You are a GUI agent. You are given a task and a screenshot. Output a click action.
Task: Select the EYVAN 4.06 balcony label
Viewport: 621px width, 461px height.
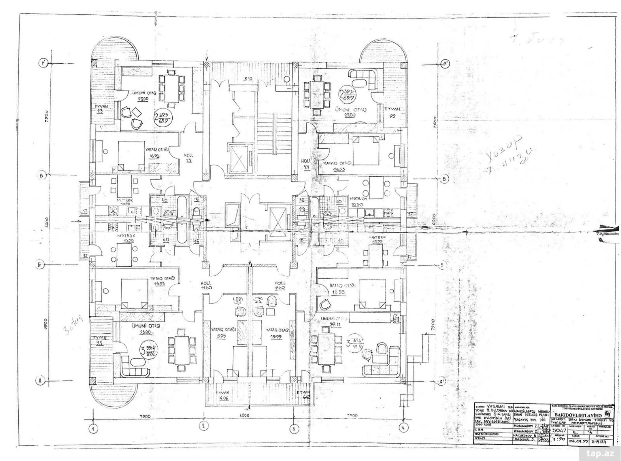[222, 395]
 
